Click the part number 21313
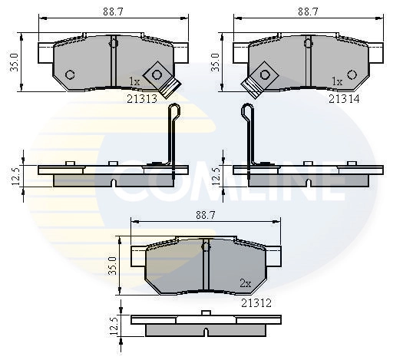pos(144,98)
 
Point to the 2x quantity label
pos(245,284)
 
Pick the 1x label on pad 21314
pos(336,81)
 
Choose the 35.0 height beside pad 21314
pos(216,61)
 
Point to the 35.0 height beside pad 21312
pos(114,266)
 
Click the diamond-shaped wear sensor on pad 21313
pos(159,75)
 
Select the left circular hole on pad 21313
pos(70,74)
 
